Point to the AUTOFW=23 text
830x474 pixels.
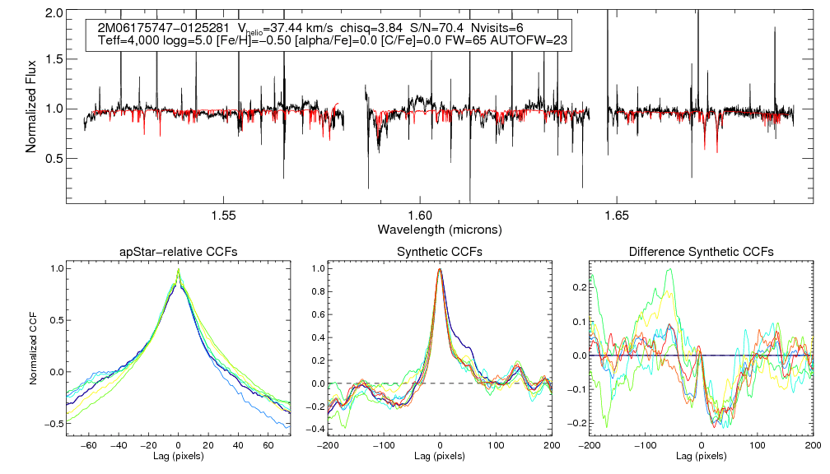coord(532,40)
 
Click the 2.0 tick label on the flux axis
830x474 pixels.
coord(55,14)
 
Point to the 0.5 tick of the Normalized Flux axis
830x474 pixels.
coord(55,158)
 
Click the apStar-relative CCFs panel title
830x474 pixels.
coord(179,252)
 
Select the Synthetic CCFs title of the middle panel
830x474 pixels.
coord(440,252)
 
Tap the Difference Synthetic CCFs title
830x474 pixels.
coord(700,252)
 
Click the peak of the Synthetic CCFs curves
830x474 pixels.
coord(441,269)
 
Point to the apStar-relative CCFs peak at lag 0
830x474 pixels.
coord(179,269)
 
